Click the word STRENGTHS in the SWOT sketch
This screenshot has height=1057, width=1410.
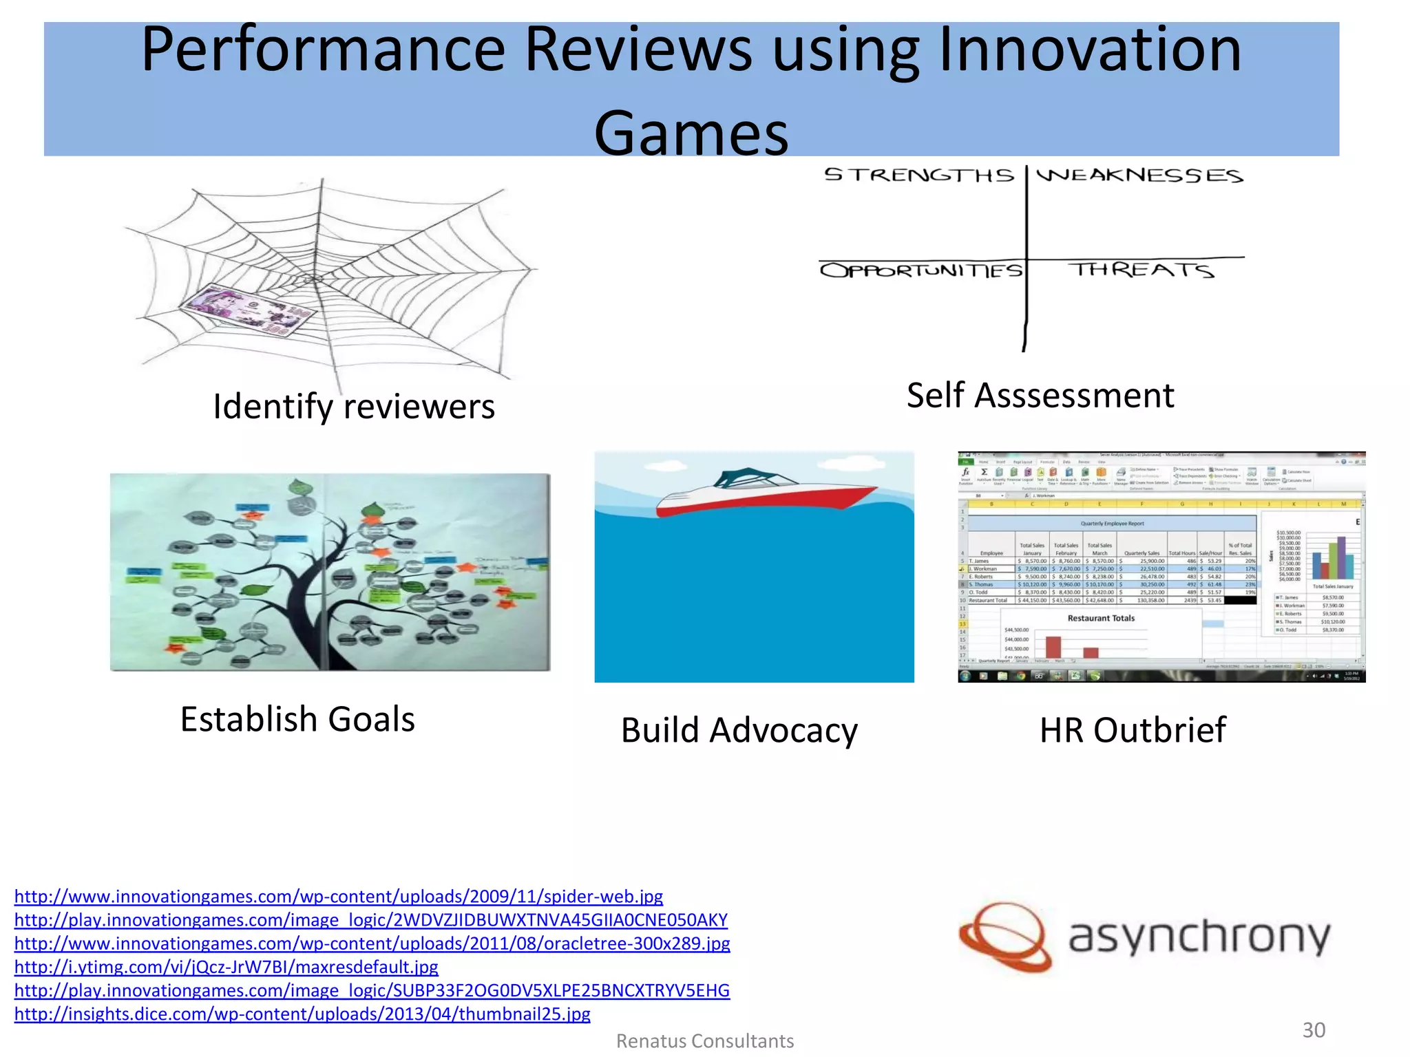coord(919,175)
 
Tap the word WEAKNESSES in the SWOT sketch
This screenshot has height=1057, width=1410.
coord(1139,175)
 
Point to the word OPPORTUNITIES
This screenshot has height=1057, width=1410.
coord(921,270)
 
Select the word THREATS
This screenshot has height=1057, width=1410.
coord(1141,270)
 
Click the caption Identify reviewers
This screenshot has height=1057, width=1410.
coord(354,406)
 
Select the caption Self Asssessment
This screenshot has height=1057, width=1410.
coord(1040,396)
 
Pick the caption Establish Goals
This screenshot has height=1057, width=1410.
coord(297,719)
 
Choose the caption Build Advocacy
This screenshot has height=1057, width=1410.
coord(739,730)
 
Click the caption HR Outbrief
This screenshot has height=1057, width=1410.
coord(1133,730)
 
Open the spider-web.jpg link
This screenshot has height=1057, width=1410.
coord(339,897)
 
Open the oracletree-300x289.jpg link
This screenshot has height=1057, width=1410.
coord(372,943)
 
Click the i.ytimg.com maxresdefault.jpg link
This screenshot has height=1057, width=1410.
coord(227,967)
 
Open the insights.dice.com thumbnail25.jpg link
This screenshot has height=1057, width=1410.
coord(302,1014)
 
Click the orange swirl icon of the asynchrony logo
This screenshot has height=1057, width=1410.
coord(1005,938)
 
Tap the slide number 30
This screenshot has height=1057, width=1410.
coord(1314,1030)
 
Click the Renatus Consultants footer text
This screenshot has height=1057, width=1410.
coord(705,1041)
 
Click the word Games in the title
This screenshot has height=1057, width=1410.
coord(691,134)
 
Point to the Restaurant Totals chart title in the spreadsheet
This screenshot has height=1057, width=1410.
coord(1101,618)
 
